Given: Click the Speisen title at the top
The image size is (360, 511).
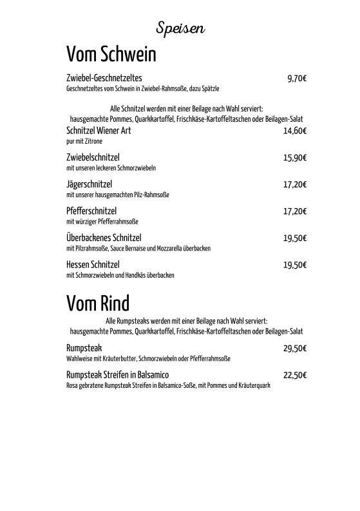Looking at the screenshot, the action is tap(180, 28).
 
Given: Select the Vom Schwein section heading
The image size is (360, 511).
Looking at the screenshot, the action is tap(111, 53).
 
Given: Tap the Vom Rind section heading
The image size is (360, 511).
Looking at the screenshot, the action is tap(98, 302).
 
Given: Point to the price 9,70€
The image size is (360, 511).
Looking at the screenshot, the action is tap(297, 79).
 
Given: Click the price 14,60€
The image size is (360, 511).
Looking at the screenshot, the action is tap(295, 130).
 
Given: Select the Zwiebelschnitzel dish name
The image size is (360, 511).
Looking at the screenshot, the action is tap(93, 157).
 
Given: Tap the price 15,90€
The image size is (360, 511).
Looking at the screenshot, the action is tap(295, 157).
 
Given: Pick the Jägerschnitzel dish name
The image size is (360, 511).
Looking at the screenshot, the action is tap(90, 184).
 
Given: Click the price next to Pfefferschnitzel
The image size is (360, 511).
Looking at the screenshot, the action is tap(295, 211).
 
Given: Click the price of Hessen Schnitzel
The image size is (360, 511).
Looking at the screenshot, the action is tap(295, 264).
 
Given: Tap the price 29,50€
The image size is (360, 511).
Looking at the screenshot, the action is tap(295, 348).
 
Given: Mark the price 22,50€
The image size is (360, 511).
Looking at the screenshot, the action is tap(295, 375).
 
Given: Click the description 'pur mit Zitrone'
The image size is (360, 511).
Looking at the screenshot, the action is tap(84, 140).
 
